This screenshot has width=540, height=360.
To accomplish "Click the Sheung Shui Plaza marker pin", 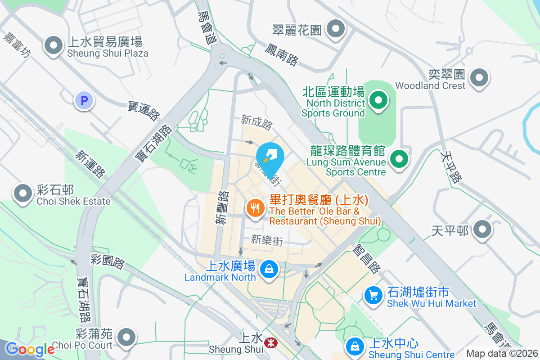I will (x=54, y=45).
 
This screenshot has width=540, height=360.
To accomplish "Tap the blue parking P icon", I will (x=84, y=100).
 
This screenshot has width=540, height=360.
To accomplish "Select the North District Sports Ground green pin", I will (x=378, y=100).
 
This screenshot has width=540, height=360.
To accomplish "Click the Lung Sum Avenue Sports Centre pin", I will (x=398, y=158).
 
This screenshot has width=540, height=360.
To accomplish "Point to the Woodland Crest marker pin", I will (x=479, y=78).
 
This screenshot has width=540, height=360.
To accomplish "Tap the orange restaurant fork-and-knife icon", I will (x=255, y=208).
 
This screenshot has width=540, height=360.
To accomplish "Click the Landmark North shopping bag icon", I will (x=269, y=270).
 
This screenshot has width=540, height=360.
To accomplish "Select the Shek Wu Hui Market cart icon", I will (x=373, y=296).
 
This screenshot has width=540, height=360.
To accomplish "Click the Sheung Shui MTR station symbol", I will (x=270, y=343).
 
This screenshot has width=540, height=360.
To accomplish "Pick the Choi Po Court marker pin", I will (x=126, y=337).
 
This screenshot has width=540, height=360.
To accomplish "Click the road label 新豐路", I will (x=222, y=207).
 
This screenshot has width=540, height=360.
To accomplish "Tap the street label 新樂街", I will (x=267, y=240).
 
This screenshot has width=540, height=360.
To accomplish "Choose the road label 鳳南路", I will (x=281, y=54).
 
